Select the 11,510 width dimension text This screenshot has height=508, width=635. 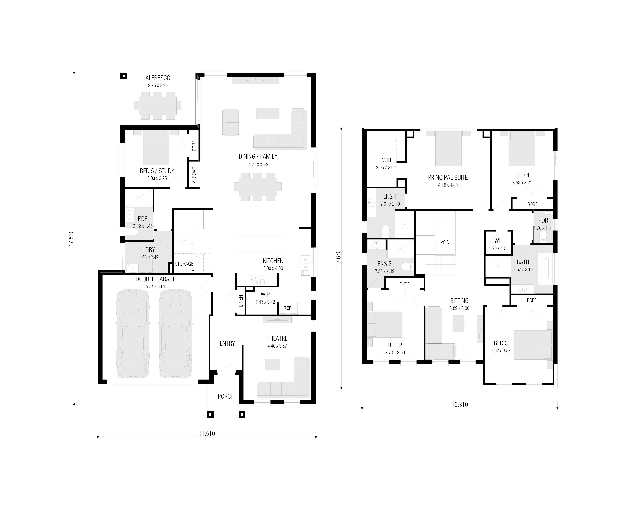click(x=207, y=434)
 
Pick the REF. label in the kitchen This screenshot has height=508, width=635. click(x=288, y=308)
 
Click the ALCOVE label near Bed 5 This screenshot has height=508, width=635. click(x=194, y=175)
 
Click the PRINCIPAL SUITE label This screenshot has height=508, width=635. click(x=448, y=178)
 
